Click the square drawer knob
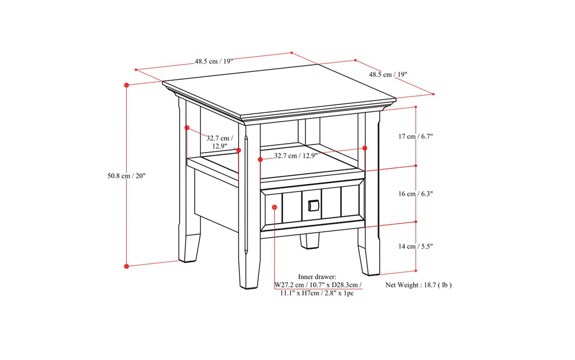(313, 206)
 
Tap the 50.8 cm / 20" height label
(126, 176)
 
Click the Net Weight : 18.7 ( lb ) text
(418, 285)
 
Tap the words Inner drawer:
(317, 276)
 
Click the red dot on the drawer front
(275, 207)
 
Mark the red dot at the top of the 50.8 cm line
(127, 85)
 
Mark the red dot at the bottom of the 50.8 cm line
(127, 266)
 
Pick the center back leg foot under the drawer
(309, 241)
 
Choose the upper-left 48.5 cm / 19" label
(214, 61)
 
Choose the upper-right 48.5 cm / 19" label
(388, 74)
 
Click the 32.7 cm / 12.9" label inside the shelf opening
(295, 156)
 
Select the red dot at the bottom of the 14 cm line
(416, 272)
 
